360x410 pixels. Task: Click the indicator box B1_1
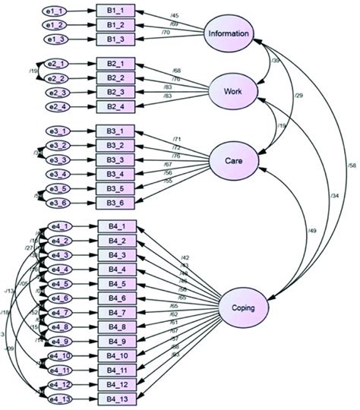click(117, 12)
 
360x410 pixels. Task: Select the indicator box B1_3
click(117, 38)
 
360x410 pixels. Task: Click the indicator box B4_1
click(117, 226)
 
